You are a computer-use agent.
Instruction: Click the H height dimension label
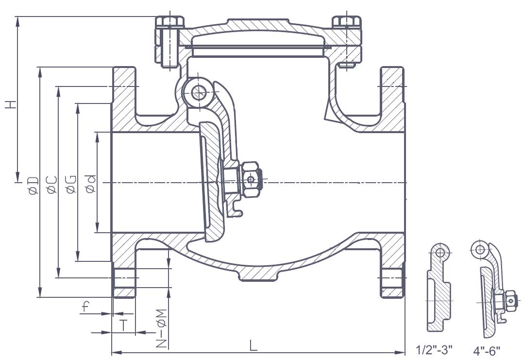pyautogui.click(x=11, y=104)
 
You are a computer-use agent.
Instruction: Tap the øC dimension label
pyautogui.click(x=52, y=185)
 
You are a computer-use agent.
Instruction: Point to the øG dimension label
pyautogui.click(x=71, y=185)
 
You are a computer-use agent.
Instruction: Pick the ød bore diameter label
pyautogui.click(x=90, y=184)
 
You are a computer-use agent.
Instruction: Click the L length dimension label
pyautogui.click(x=253, y=345)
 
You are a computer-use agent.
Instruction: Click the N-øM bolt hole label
pyautogui.click(x=161, y=328)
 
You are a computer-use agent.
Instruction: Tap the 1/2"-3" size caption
pyautogui.click(x=434, y=350)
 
